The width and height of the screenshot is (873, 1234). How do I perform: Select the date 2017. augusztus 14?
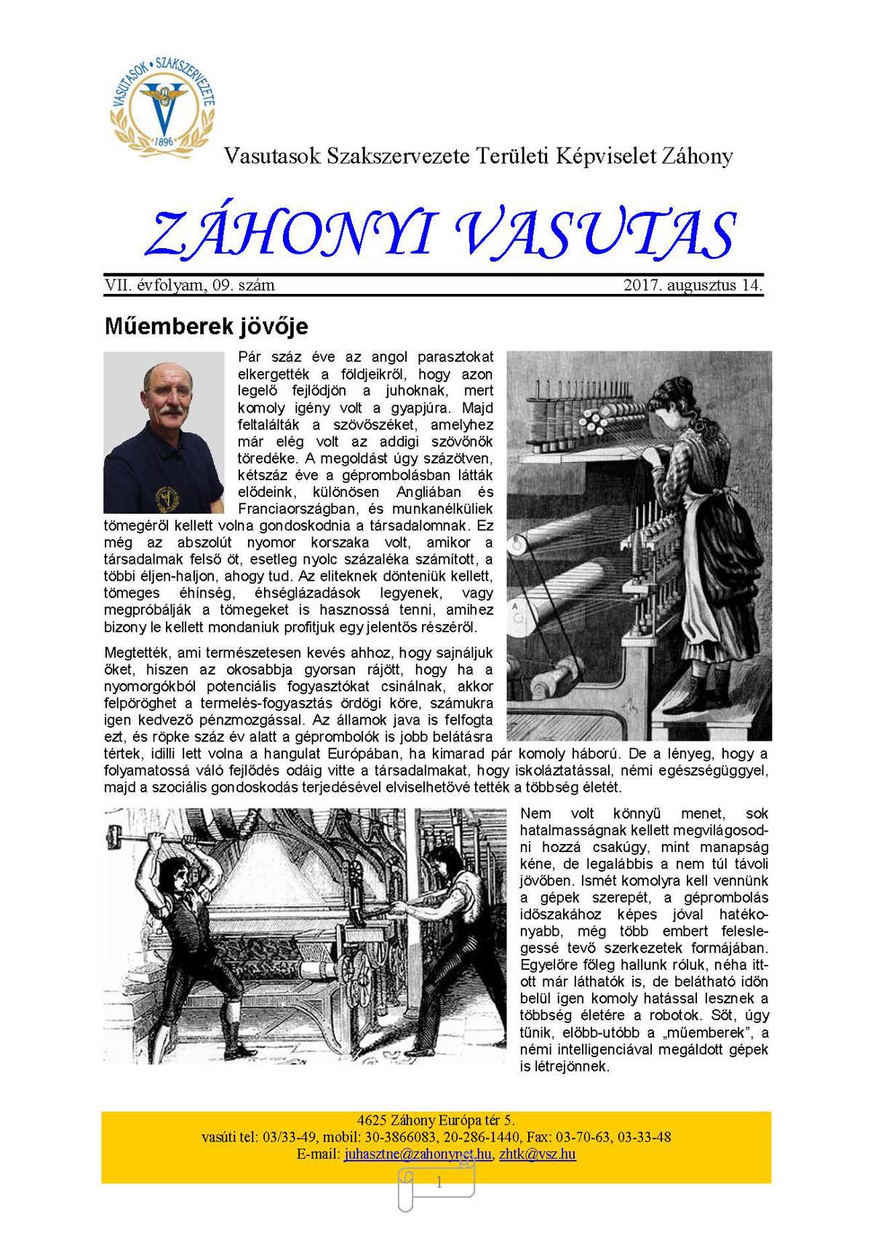pyautogui.click(x=693, y=285)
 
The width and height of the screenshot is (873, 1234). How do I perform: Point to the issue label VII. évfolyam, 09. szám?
pyautogui.click(x=190, y=285)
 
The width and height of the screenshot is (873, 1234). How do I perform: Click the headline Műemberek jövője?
pyautogui.click(x=206, y=325)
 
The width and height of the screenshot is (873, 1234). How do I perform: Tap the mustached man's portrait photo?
pyautogui.click(x=164, y=432)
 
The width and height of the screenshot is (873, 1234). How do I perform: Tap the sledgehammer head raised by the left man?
pyautogui.click(x=114, y=829)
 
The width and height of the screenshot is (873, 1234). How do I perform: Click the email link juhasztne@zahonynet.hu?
pyautogui.click(x=418, y=1154)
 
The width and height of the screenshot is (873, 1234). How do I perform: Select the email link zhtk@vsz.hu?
pyautogui.click(x=538, y=1154)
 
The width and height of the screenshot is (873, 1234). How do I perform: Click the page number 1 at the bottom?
pyautogui.click(x=439, y=1183)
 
